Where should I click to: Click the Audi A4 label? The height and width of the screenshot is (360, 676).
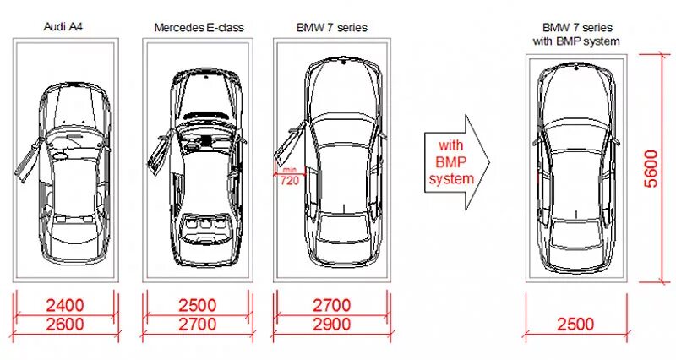[x=63, y=27]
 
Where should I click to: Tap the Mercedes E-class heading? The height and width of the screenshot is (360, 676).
[x=199, y=27]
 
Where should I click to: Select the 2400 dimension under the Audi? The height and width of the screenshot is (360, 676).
[x=65, y=304]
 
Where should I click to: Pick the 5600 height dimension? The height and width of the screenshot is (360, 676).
[x=650, y=169]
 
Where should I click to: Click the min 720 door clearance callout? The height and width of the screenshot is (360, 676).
[x=288, y=177]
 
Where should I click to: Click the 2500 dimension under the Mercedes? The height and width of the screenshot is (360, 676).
[x=197, y=304]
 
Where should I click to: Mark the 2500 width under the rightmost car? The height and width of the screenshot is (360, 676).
[x=575, y=323]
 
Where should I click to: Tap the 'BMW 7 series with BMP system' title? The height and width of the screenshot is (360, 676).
[x=575, y=34]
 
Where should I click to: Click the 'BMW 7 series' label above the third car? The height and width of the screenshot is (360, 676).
[x=333, y=27]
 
